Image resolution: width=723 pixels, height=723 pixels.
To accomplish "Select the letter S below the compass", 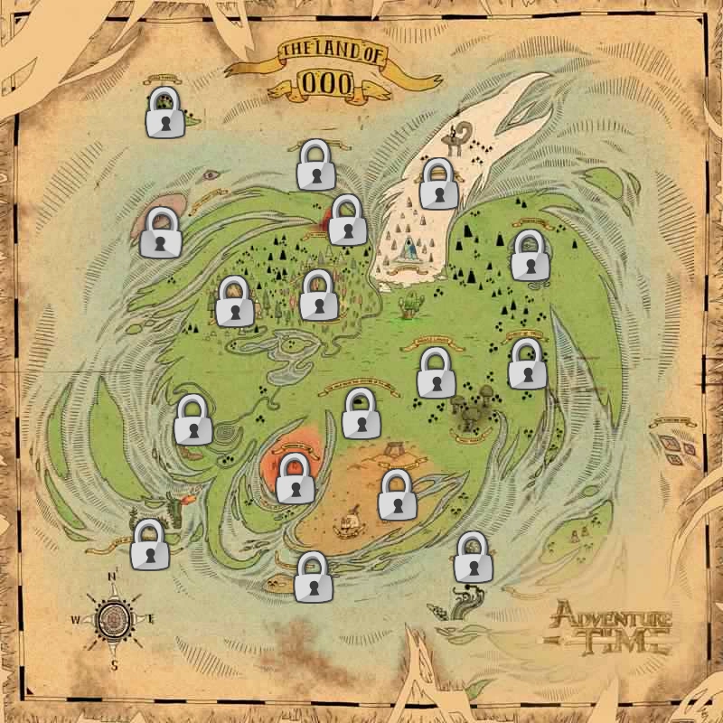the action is pyautogui.click(x=115, y=664).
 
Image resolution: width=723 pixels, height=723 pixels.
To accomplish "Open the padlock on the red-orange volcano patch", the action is pyautogui.click(x=294, y=479).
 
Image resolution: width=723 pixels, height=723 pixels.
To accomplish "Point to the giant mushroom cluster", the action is pyautogui.click(x=472, y=412).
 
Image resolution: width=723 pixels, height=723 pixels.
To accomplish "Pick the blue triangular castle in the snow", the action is pyautogui.click(x=412, y=244).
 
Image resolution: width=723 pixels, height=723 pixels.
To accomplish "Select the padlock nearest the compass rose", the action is pyautogui.click(x=149, y=545).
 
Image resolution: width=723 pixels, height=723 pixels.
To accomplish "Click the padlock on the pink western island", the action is pyautogui.click(x=161, y=233).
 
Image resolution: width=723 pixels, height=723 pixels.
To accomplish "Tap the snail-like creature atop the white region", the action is pyautogui.click(x=462, y=136).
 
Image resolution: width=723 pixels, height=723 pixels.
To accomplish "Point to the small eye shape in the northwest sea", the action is pyautogui.click(x=211, y=174).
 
